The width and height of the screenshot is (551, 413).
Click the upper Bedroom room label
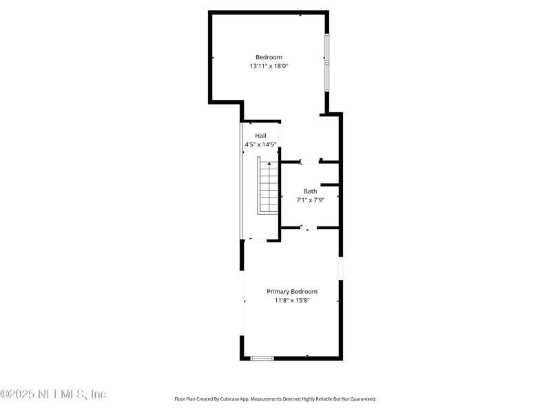tap(269, 57)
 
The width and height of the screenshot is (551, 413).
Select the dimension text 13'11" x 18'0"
tap(269, 67)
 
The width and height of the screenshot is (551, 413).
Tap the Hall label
tap(260, 136)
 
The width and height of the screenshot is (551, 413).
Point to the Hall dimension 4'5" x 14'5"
tap(260, 145)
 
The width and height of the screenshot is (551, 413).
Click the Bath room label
tap(311, 191)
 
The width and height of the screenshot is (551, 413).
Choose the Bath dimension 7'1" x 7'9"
tap(311, 200)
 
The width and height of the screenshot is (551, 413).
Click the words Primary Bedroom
tap(292, 292)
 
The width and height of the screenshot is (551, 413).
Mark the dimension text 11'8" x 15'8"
tap(292, 301)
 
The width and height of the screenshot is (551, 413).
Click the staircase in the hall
tap(268, 187)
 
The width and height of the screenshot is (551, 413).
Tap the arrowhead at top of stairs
tap(269, 164)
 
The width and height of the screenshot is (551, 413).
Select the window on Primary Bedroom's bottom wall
tap(262, 358)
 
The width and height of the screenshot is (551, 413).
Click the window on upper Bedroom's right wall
tap(327, 62)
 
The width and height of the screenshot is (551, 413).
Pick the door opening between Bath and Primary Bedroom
tap(309, 227)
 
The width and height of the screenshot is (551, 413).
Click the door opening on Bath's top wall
tap(310, 162)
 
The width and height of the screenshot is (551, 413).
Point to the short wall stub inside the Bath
tap(329, 184)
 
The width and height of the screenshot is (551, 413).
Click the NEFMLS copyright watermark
tap(53, 394)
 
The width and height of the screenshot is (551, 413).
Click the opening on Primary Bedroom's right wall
tap(340, 268)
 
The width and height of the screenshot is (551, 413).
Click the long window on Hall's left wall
tap(241, 181)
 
